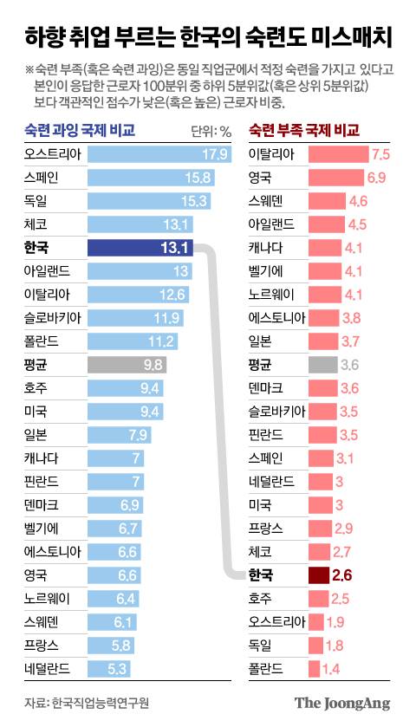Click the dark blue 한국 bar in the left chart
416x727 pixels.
[139, 248]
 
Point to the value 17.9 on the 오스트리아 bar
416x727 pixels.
[213, 155]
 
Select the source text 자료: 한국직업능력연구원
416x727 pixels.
[75, 703]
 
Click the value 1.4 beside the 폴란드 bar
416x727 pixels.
[330, 668]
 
